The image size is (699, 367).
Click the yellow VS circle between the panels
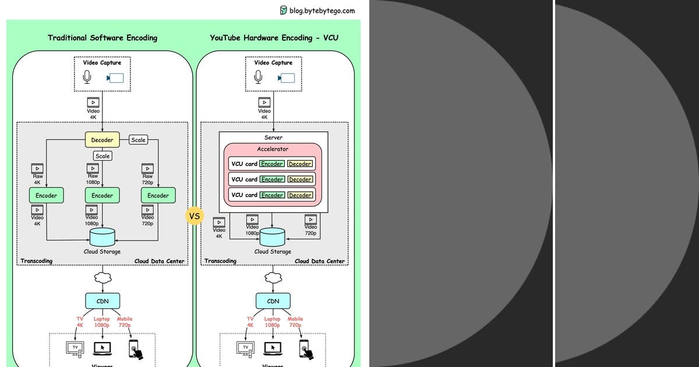point(195,216)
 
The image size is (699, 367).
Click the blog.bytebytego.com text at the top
point(322,10)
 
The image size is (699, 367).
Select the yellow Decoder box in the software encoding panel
point(102,140)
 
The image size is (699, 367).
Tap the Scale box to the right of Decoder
point(138,140)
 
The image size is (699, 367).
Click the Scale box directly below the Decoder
point(103,156)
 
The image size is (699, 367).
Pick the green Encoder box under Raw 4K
point(46,196)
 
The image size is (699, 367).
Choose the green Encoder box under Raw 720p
point(158,196)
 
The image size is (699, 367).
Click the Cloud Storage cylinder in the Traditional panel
point(103,237)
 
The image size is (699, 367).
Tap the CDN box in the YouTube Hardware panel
point(273,301)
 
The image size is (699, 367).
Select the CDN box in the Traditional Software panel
point(103,301)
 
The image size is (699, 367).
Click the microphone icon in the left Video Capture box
point(87,77)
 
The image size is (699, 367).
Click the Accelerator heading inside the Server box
point(273,149)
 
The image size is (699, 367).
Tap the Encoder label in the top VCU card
point(272,164)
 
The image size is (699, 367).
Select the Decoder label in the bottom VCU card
point(300,195)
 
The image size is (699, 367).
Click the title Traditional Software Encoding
point(103,38)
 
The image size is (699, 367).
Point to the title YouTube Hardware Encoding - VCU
point(274,38)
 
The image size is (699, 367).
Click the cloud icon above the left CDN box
point(103,278)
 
